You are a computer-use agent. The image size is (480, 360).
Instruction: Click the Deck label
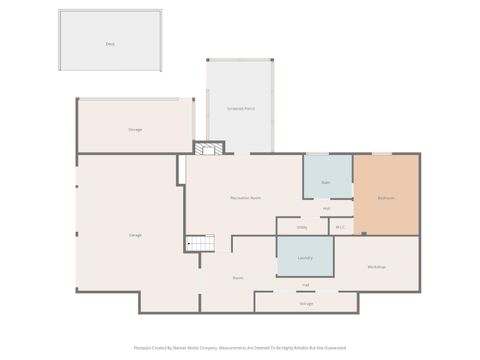[110, 44]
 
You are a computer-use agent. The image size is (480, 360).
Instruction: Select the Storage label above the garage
[135, 130]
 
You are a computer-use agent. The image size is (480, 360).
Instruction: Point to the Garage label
[135, 234]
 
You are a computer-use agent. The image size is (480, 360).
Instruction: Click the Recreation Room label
[246, 198]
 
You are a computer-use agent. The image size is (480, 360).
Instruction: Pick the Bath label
[326, 183]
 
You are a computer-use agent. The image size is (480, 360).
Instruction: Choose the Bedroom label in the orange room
[386, 198]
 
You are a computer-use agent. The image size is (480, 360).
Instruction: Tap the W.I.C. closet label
[340, 227]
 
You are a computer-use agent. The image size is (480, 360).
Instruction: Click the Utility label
[302, 227]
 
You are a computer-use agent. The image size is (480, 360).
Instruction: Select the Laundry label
[306, 258]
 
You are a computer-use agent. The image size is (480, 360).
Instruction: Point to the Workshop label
[376, 267]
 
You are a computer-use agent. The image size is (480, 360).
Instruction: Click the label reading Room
[238, 277]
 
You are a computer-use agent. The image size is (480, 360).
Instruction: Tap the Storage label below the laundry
[306, 303]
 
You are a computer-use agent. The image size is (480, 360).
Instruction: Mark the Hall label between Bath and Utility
[327, 208]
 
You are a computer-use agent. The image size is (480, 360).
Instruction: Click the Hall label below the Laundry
[306, 285]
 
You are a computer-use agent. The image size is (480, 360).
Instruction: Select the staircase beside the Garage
[200, 243]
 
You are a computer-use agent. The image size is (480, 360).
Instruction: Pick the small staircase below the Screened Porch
[207, 149]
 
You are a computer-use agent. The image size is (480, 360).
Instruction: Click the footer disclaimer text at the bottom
[240, 348]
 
